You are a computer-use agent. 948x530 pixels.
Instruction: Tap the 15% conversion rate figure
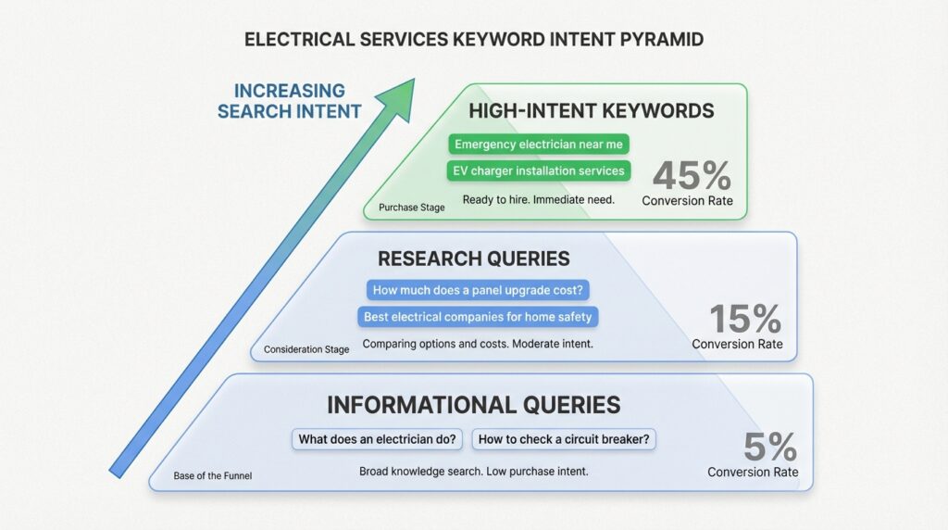[745, 320]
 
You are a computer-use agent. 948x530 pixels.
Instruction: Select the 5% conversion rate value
[770, 448]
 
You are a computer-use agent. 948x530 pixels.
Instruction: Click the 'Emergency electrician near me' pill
[539, 144]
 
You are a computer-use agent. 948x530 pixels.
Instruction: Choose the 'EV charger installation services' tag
[539, 170]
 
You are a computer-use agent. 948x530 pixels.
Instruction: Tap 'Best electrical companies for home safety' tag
[478, 317]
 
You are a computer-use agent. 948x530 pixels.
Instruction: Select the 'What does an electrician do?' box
[378, 439]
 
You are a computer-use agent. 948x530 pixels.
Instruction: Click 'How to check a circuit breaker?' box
[564, 439]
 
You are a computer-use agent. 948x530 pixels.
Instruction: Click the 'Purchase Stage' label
[411, 208]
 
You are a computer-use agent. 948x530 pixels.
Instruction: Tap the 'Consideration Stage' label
[306, 349]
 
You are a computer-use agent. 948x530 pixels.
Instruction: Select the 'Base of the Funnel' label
[212, 476]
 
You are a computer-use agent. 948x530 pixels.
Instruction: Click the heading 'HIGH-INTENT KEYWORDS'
[591, 111]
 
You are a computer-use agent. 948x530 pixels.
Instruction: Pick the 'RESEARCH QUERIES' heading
[473, 258]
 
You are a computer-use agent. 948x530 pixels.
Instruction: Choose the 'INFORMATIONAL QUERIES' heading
[473, 405]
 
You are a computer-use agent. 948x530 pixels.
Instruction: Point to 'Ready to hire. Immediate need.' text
[538, 199]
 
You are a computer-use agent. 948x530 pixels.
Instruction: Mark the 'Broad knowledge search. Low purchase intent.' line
[473, 472]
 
